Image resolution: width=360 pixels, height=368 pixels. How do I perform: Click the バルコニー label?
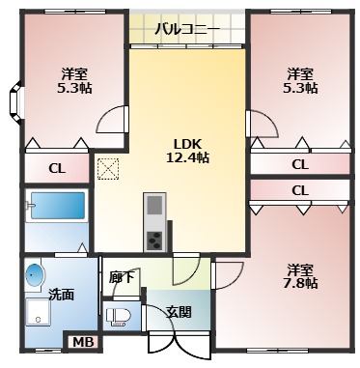pyautogui.click(x=186, y=28)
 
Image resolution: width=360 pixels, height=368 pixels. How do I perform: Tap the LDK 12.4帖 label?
pyautogui.click(x=186, y=151)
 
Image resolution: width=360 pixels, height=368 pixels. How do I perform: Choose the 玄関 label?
pyautogui.click(x=179, y=311)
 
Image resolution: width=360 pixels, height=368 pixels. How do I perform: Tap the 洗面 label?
pyautogui.click(x=61, y=294)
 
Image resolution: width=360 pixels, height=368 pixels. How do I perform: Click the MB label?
pyautogui.click(x=82, y=340)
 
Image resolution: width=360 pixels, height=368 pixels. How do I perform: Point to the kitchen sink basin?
pyautogui.click(x=154, y=205)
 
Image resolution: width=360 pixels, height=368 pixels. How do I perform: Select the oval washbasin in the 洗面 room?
pyautogui.click(x=36, y=274)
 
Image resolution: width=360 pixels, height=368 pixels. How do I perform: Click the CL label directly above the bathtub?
pyautogui.click(x=57, y=168)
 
